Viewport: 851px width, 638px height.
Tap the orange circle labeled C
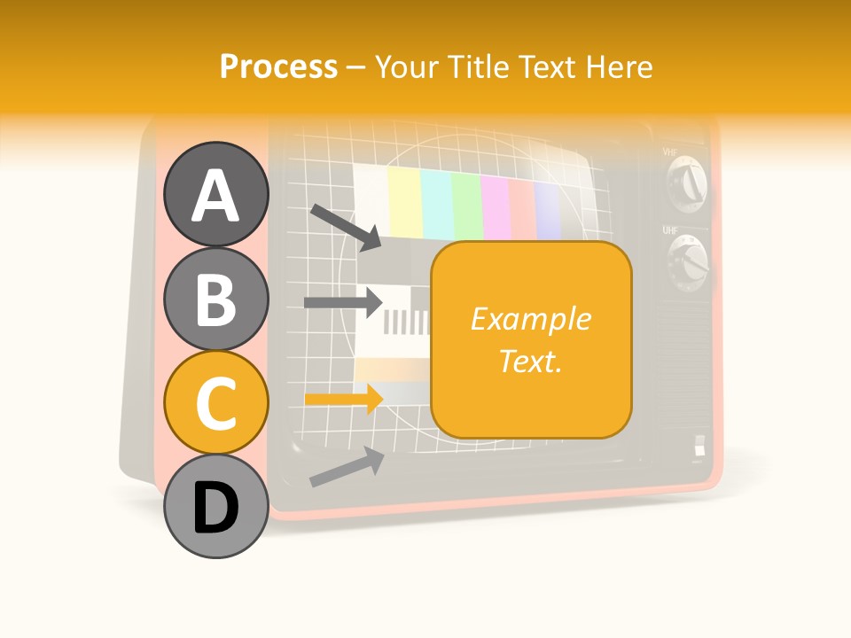215,403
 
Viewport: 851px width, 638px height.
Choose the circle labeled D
215,507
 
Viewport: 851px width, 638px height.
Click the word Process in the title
278,66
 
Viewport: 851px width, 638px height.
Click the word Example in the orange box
530,318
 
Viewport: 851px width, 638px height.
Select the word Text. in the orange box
530,361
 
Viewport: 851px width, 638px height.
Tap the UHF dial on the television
690,263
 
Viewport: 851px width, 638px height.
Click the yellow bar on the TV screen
404,203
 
